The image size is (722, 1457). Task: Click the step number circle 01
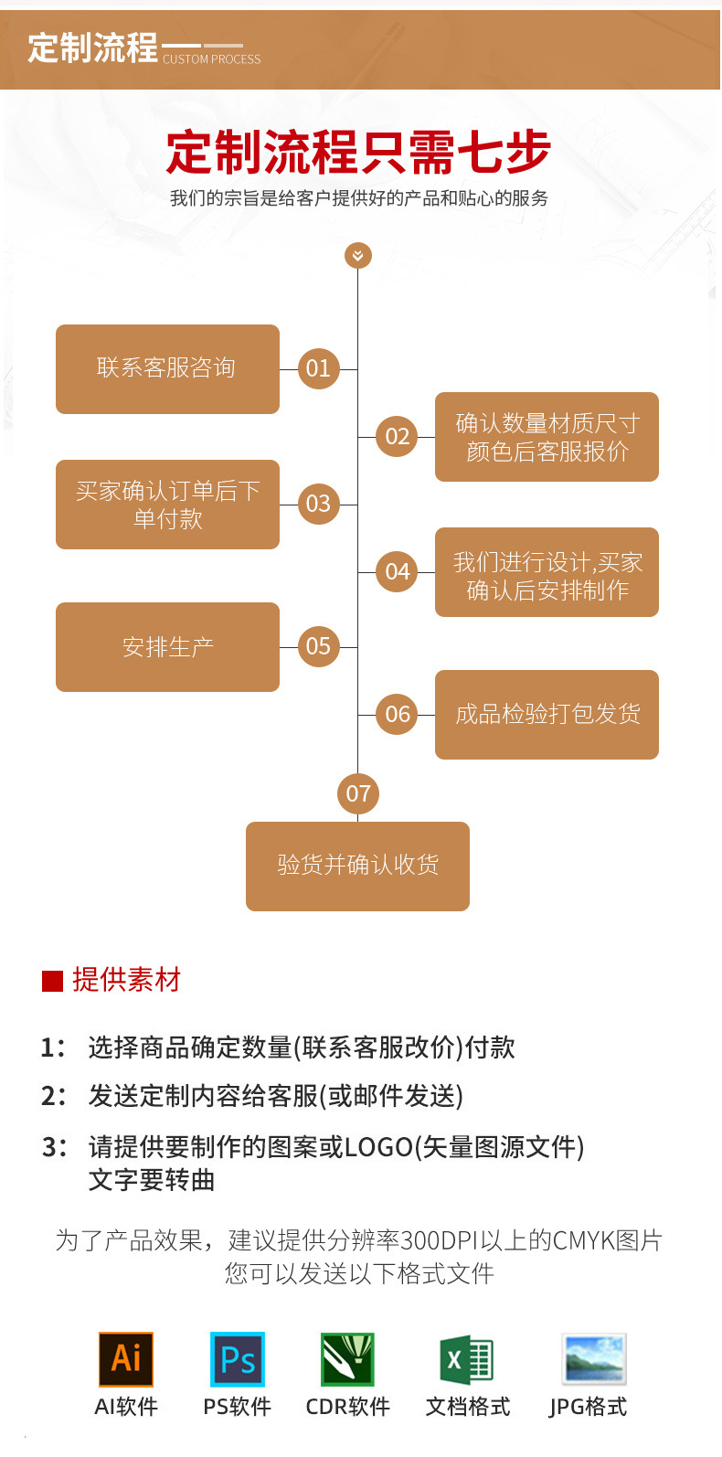click(318, 368)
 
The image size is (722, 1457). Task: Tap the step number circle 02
click(398, 436)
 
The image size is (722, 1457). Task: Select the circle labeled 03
click(318, 504)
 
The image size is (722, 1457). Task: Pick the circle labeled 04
click(398, 571)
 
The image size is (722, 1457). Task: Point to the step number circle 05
click(318, 646)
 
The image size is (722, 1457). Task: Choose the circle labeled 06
click(398, 714)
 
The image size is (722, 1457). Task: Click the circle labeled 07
click(358, 793)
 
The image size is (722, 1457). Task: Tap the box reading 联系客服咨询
click(167, 369)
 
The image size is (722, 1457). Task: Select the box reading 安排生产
click(167, 647)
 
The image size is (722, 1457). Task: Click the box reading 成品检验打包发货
click(547, 715)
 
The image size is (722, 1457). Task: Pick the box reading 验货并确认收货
click(357, 866)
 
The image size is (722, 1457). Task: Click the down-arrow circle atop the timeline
click(358, 255)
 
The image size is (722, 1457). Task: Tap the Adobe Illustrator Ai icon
click(126, 1359)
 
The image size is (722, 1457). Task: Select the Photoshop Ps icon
click(238, 1359)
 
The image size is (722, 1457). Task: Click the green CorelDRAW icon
click(347, 1359)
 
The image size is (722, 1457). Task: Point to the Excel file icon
click(467, 1359)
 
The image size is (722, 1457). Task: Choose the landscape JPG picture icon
click(593, 1359)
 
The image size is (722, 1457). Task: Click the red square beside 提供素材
click(52, 981)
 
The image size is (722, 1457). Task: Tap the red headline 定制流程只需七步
click(358, 152)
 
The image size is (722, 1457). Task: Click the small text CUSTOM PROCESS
click(212, 59)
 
